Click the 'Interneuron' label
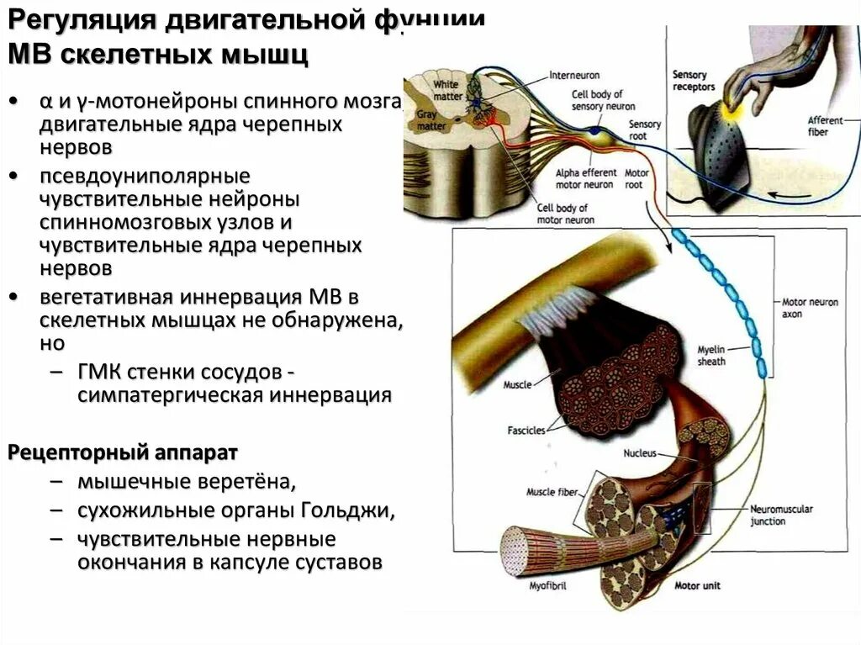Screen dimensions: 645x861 pyautogui.click(x=573, y=75)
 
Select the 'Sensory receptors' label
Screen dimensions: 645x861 pyautogui.click(x=694, y=81)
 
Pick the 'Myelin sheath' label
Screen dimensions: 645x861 pyautogui.click(x=711, y=355)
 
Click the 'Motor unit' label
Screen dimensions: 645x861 pyautogui.click(x=697, y=584)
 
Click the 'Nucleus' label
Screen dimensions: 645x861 pyautogui.click(x=640, y=453)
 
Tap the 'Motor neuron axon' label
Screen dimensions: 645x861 pyautogui.click(x=810, y=308)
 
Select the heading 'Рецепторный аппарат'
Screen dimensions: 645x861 pyautogui.click(x=123, y=452)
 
